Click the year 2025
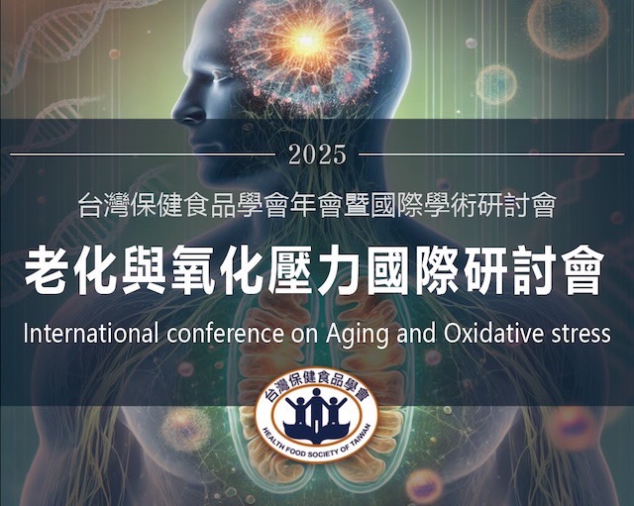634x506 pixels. (318, 154)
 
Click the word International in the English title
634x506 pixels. (90, 334)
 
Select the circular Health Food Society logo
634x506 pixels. (317, 415)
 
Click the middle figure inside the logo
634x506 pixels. (316, 409)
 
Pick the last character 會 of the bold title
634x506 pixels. (582, 270)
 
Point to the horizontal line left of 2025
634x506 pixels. (143, 154)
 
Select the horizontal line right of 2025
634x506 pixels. (491, 154)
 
